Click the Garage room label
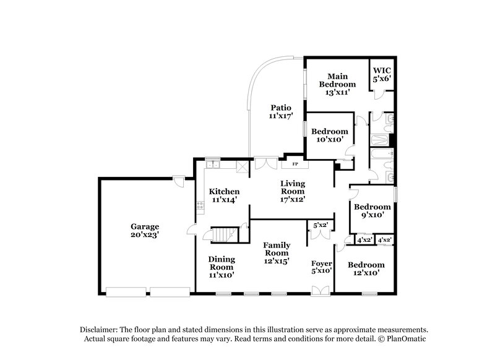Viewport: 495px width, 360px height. pyautogui.click(x=144, y=226)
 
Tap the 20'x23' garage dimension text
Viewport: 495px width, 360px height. pyautogui.click(x=144, y=235)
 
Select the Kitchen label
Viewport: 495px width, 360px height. pyautogui.click(x=224, y=191)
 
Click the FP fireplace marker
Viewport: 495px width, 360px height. pyautogui.click(x=295, y=165)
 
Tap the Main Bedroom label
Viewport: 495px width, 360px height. pyautogui.click(x=337, y=80)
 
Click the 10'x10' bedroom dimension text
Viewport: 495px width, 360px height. pyautogui.click(x=329, y=140)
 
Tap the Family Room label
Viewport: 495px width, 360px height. pyautogui.click(x=277, y=249)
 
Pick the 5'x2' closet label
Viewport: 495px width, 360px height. pyautogui.click(x=321, y=225)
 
